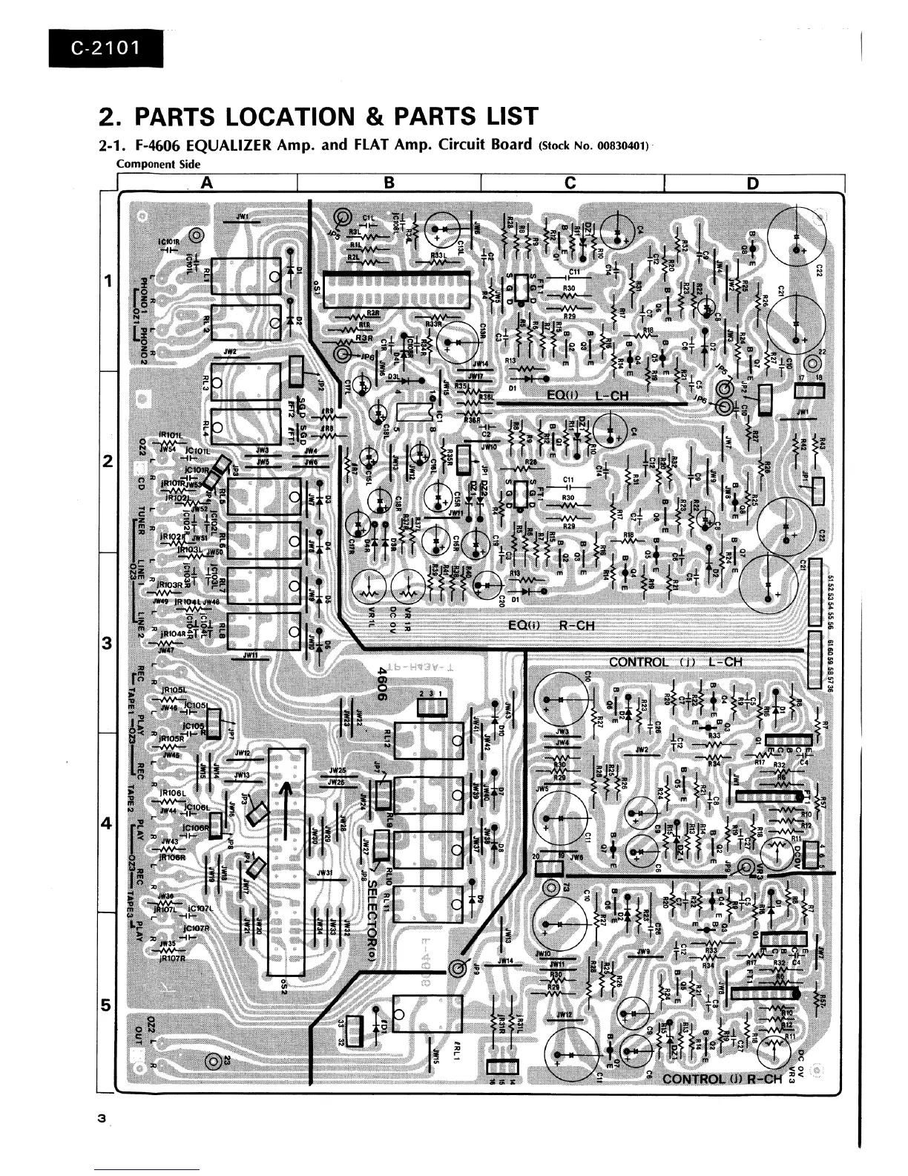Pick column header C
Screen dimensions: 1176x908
coord(570,183)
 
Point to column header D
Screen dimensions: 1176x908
coord(753,183)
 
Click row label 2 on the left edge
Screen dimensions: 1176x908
coord(108,462)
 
